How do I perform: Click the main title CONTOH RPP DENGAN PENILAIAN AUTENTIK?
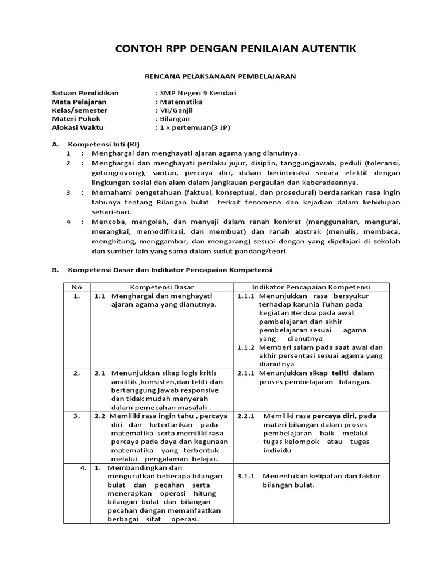coord(236,49)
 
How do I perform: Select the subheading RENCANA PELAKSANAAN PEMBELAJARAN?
coord(220,75)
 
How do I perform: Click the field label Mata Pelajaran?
coord(75,101)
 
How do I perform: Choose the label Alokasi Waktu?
coord(74,127)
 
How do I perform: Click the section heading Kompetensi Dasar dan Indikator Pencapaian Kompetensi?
coord(169,269)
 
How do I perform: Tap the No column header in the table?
coord(76,287)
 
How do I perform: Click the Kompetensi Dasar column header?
coord(161,287)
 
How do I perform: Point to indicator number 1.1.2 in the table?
coord(246,347)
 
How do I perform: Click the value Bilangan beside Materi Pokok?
coord(177,118)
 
